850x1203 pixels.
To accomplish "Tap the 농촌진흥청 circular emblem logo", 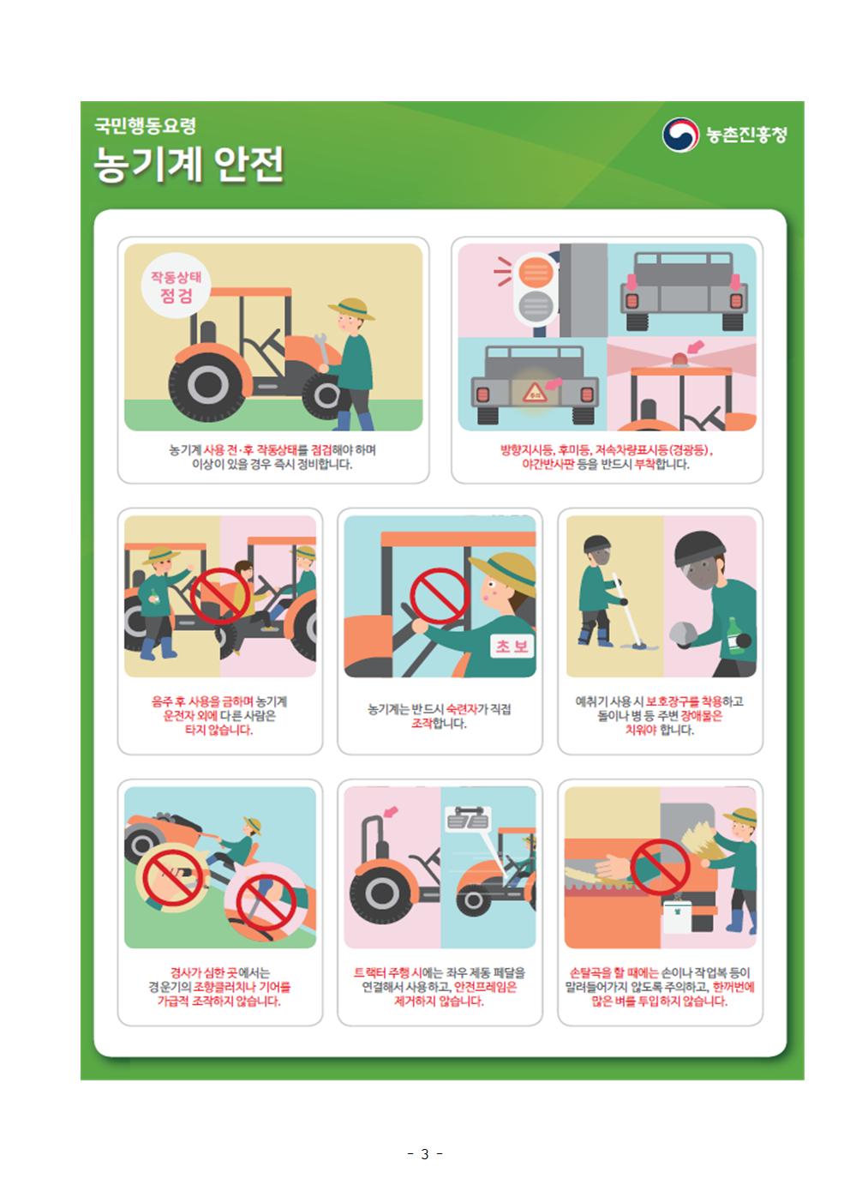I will pyautogui.click(x=681, y=135).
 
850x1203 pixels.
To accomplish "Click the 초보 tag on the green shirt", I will pyautogui.click(x=512, y=647).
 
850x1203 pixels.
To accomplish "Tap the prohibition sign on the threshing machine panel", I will pyautogui.click(x=660, y=867).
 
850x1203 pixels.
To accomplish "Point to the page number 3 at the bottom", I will pyautogui.click(x=424, y=1153).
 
